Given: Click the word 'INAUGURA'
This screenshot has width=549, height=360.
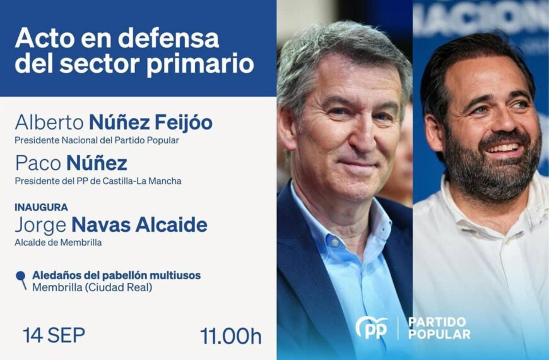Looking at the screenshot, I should pyautogui.click(x=41, y=207).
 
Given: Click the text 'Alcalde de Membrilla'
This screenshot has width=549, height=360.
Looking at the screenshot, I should pyautogui.click(x=58, y=243).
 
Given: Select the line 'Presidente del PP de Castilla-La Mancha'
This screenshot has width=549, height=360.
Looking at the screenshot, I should pyautogui.click(x=98, y=181).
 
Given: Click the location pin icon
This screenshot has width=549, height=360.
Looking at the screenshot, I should pyautogui.click(x=21, y=279).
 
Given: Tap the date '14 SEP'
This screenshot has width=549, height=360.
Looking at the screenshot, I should pyautogui.click(x=54, y=335).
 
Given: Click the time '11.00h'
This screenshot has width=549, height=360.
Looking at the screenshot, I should pyautogui.click(x=230, y=336).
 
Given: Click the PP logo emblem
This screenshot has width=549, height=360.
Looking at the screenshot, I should pyautogui.click(x=372, y=328).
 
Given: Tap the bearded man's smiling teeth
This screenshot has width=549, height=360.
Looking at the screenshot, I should pyautogui.click(x=502, y=148).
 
